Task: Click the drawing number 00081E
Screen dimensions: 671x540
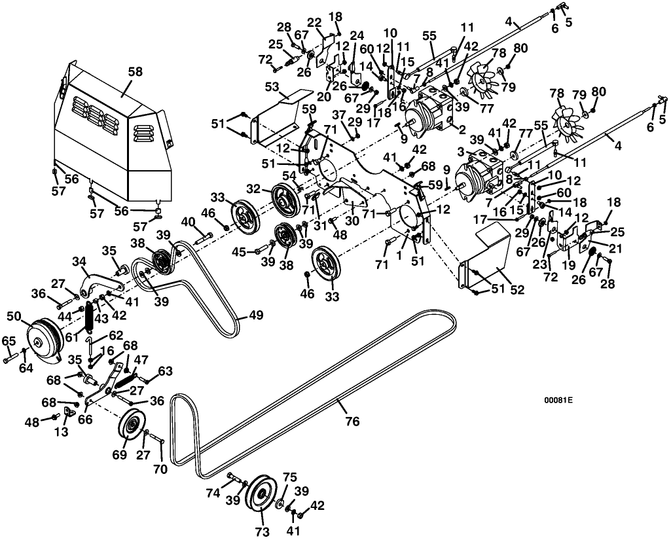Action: tap(558, 401)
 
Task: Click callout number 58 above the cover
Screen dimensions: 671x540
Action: tap(136, 71)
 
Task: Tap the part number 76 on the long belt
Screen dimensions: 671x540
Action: tap(352, 421)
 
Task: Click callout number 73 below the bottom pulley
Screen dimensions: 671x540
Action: tap(262, 531)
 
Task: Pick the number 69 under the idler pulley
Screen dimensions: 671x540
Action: tap(119, 454)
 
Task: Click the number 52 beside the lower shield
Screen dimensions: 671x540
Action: tap(517, 290)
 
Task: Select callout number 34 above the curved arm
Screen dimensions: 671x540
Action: tap(79, 261)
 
